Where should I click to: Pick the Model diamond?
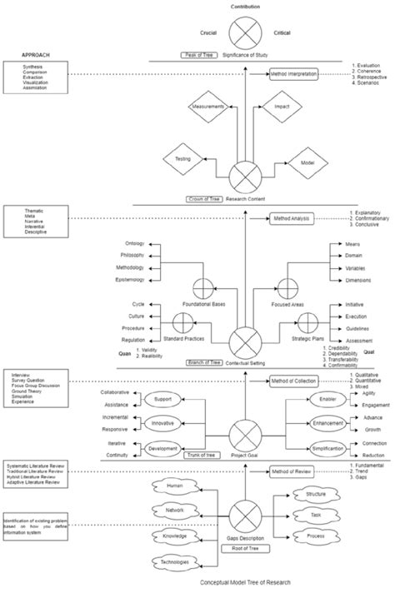(307, 164)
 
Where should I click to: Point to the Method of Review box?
(292, 472)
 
